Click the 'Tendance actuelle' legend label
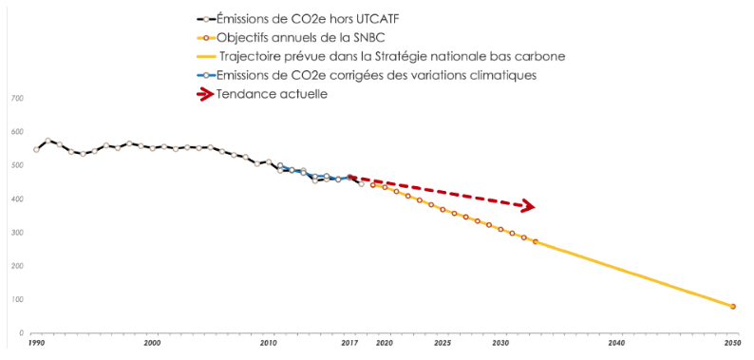pyautogui.click(x=272, y=93)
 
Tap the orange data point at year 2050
pyautogui.click(x=733, y=307)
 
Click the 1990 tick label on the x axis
pyautogui.click(x=36, y=342)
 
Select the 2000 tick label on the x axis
pyautogui.click(x=152, y=342)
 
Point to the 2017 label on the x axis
pyautogui.click(x=349, y=342)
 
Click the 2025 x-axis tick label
pyautogui.click(x=443, y=342)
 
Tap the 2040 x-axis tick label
pyautogui.click(x=616, y=342)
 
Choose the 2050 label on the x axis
pyautogui.click(x=732, y=342)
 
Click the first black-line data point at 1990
pyautogui.click(x=36, y=149)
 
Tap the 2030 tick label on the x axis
pyautogui.click(x=500, y=342)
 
